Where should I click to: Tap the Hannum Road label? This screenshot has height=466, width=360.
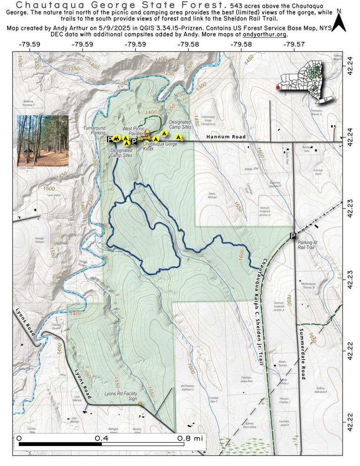[226, 137]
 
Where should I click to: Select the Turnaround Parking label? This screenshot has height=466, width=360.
[95, 131]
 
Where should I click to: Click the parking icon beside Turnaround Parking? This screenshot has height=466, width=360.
[110, 139]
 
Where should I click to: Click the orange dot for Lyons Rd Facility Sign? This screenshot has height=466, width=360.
[140, 404]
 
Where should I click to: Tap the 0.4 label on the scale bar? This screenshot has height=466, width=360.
[101, 437]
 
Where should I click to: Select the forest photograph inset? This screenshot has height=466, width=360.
[42, 141]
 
